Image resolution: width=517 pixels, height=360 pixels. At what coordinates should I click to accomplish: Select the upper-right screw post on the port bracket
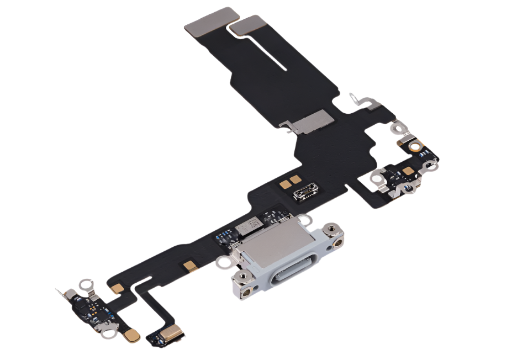coord(332,227)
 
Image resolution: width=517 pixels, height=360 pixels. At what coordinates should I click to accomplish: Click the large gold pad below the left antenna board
coord(133,335)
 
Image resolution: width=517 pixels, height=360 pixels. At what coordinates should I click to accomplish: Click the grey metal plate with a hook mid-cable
coord(309,121)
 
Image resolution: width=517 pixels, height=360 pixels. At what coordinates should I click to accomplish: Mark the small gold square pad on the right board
coord(409,171)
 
